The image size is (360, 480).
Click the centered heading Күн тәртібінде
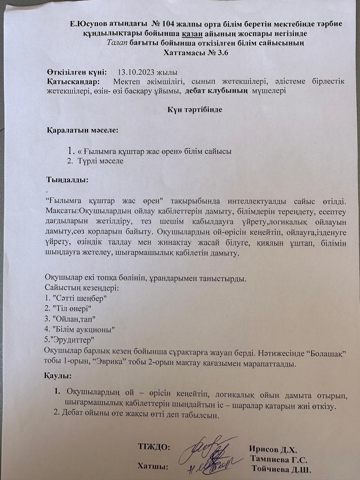(x=195, y=110)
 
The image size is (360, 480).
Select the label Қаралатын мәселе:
(x=82, y=131)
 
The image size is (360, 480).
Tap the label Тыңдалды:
(x=67, y=180)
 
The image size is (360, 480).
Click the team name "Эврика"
(x=106, y=364)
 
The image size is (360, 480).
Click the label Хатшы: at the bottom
(x=153, y=466)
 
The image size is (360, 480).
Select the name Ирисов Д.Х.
(x=273, y=450)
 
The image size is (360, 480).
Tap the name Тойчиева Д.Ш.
(x=282, y=469)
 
